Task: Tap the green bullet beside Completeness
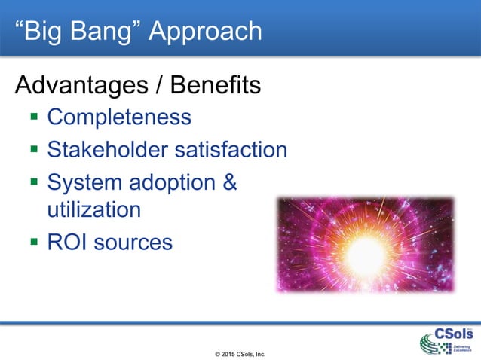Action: (34, 118)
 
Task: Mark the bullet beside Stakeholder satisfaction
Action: (34, 150)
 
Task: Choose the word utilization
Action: (93, 209)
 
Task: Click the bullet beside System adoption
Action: (34, 182)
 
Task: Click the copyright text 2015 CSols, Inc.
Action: (240, 352)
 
